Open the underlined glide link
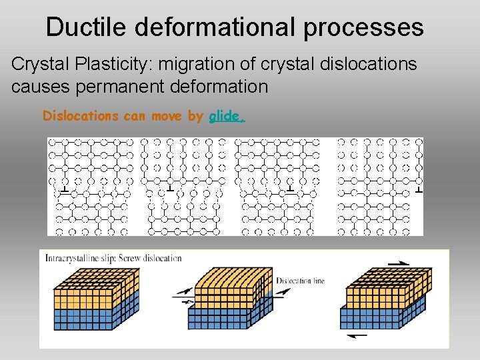point(226,116)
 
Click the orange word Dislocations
point(80,116)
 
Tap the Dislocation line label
point(300,281)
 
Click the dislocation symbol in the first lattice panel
point(63,192)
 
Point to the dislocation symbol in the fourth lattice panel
point(418,191)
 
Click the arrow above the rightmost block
point(399,264)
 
